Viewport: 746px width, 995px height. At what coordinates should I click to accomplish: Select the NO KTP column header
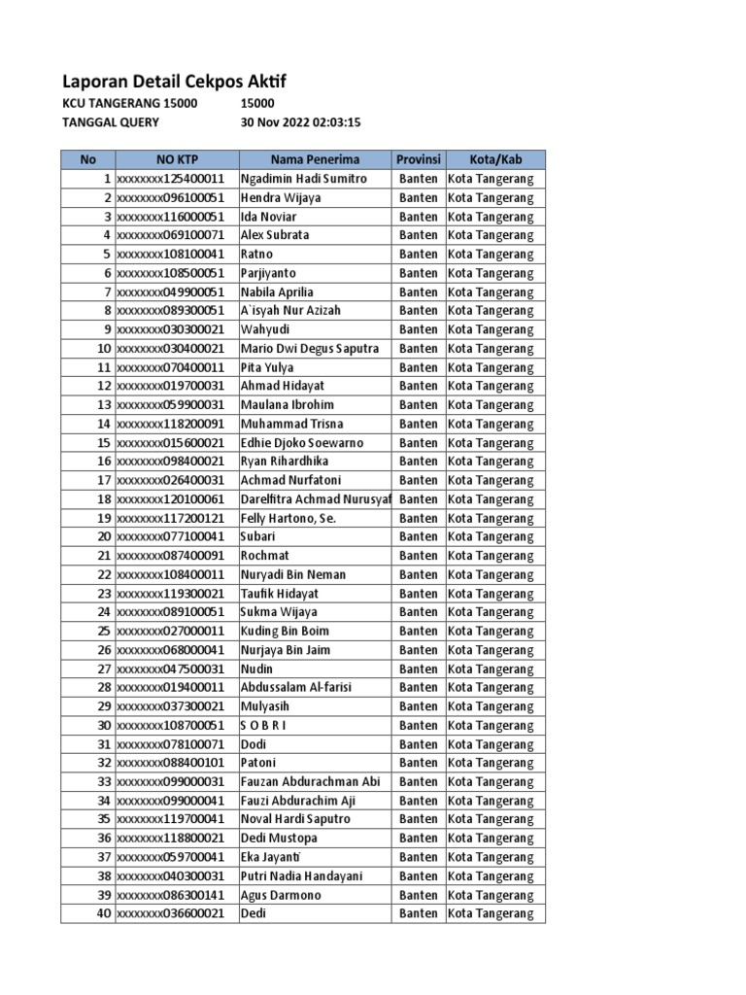(x=176, y=159)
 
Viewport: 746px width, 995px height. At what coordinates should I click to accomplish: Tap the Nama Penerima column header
(x=315, y=159)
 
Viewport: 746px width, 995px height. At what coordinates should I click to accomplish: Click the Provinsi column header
(x=419, y=159)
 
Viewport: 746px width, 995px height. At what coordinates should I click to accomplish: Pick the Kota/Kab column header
(x=495, y=159)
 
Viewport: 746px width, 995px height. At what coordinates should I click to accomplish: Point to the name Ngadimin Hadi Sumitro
(x=304, y=179)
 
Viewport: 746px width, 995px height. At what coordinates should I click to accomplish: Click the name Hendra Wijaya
(x=281, y=197)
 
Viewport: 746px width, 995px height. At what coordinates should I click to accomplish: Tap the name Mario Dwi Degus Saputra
(x=310, y=348)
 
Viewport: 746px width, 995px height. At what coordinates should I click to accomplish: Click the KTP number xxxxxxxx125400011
(x=171, y=179)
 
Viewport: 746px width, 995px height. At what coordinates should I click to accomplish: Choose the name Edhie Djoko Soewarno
(x=302, y=442)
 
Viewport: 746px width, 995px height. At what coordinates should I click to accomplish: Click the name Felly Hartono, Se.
(x=288, y=518)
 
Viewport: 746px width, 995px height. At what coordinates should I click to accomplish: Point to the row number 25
(x=103, y=631)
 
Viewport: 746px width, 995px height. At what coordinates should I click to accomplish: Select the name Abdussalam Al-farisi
(x=296, y=687)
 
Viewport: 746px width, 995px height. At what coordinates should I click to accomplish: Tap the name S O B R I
(x=263, y=725)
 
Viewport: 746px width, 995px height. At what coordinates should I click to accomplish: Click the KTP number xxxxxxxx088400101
(x=171, y=763)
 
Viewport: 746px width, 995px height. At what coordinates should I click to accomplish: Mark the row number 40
(x=103, y=913)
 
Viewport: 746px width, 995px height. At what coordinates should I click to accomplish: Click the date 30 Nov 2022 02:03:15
(x=301, y=122)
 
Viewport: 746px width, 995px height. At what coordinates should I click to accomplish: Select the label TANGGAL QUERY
(x=111, y=122)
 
